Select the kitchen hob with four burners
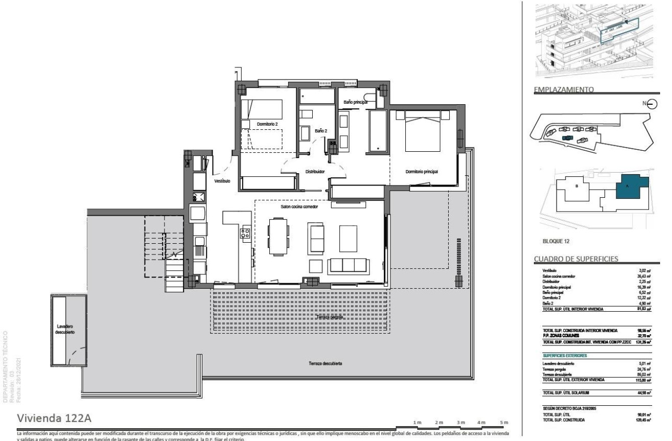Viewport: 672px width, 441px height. pyautogui.click(x=245, y=234)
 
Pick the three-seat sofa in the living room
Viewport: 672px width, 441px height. pyautogui.click(x=348, y=266)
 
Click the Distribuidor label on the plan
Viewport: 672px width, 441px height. pyautogui.click(x=315, y=172)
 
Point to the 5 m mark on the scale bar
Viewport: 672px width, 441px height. pyautogui.click(x=505, y=422)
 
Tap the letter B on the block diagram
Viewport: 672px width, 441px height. pyautogui.click(x=576, y=186)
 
